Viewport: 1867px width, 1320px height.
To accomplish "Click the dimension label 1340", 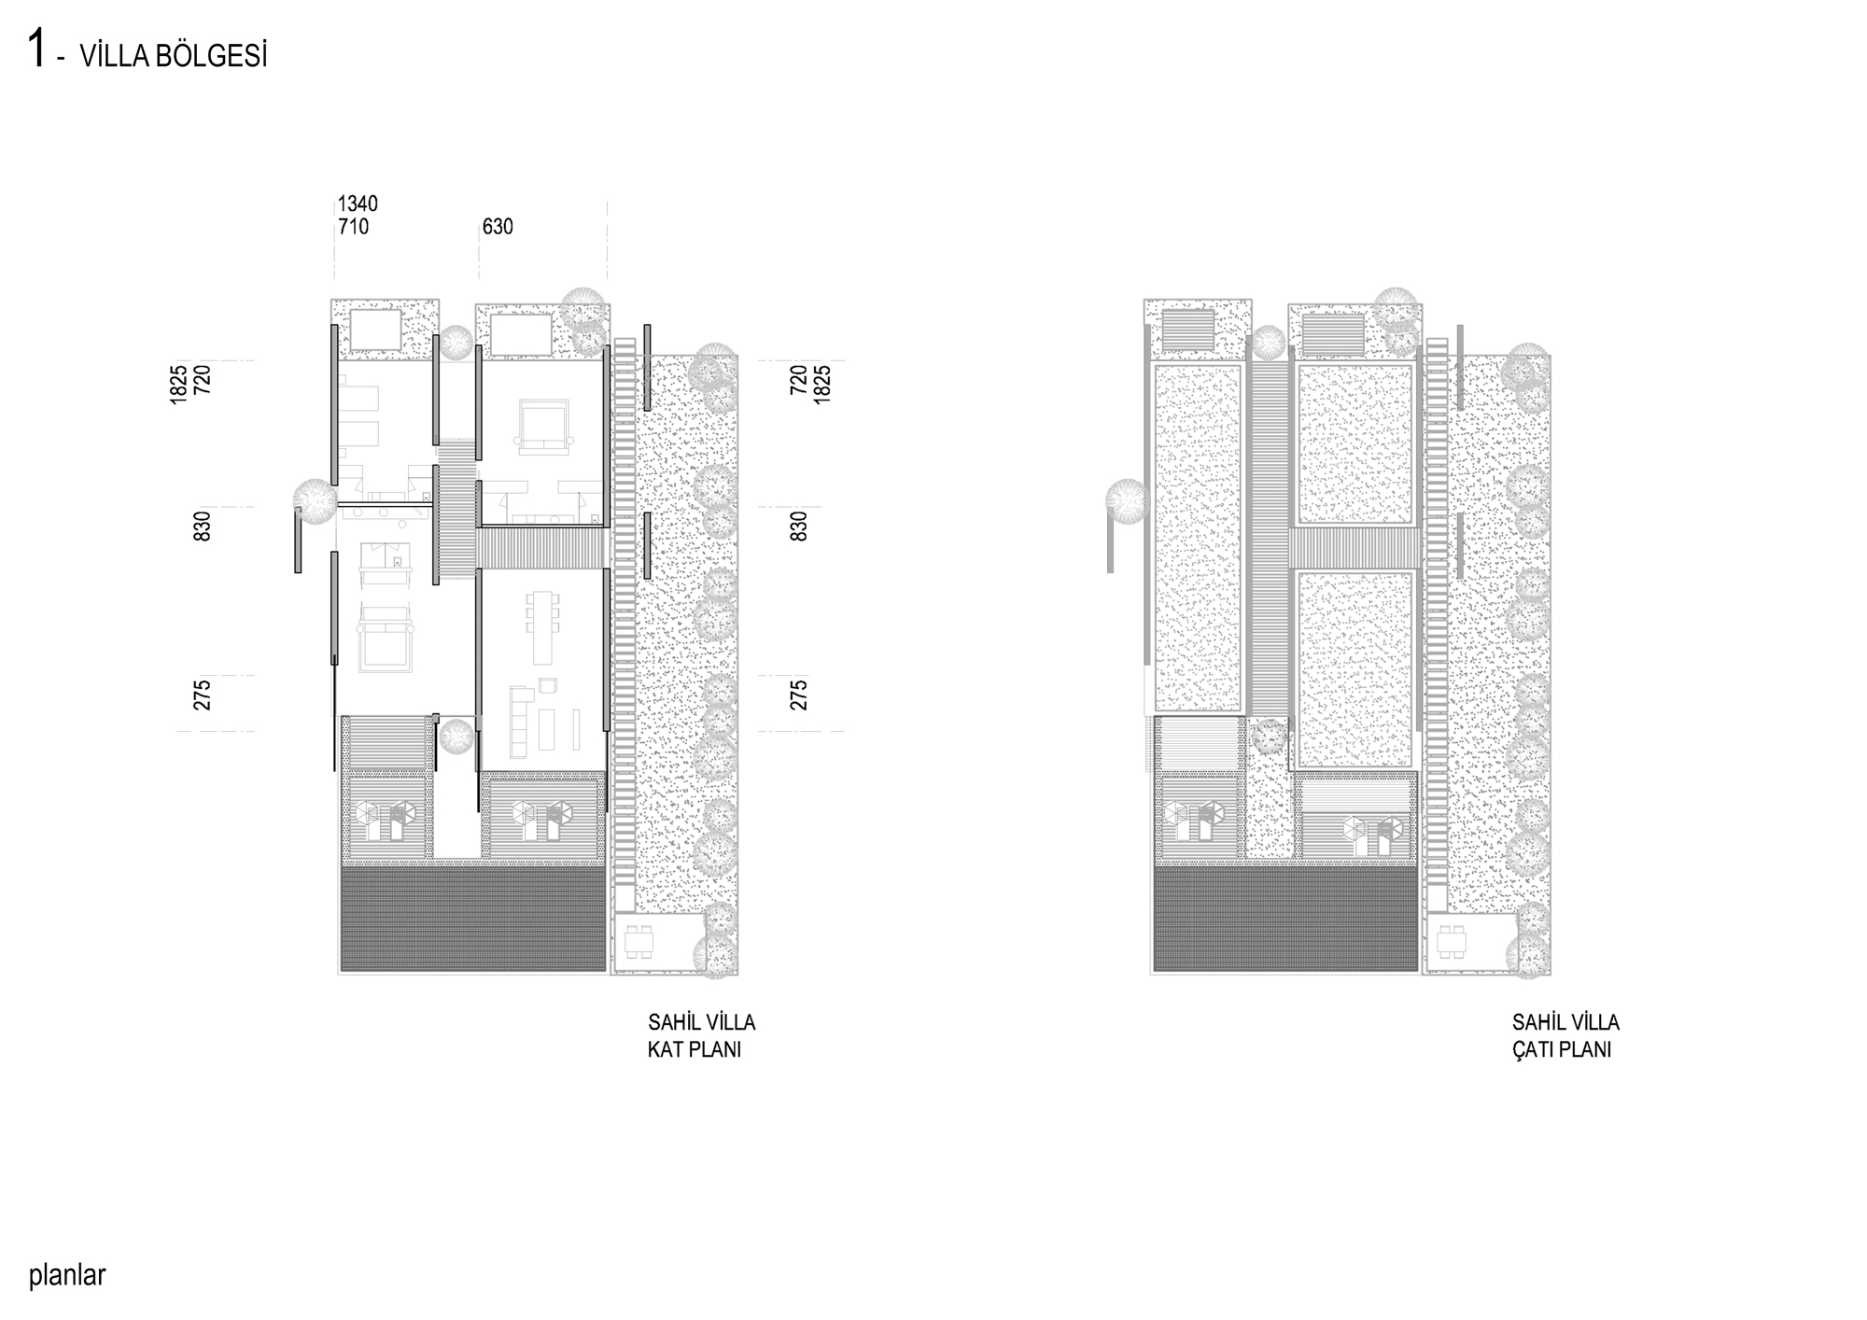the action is pos(358,204).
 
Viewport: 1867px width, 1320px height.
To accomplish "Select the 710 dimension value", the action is pos(353,227).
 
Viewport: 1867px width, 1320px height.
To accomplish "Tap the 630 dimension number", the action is pos(498,227).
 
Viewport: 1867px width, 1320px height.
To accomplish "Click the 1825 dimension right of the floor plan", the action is pos(822,384).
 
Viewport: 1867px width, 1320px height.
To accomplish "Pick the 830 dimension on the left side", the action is pos(203,526).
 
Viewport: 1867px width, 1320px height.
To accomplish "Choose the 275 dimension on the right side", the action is pos(799,695).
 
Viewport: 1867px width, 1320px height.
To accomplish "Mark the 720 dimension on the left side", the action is pos(203,379).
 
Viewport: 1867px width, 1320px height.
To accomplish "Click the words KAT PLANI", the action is pos(695,1049).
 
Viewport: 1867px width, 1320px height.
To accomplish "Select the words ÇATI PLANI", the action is pos(1562,1048).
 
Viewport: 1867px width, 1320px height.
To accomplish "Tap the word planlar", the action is pos(67,1275).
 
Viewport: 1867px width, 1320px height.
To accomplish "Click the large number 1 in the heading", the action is pos(37,49).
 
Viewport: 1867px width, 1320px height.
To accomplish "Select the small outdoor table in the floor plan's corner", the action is pos(640,942).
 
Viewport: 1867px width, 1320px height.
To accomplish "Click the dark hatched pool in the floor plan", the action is pos(473,919).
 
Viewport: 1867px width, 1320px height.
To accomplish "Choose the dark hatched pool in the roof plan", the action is pos(1285,919).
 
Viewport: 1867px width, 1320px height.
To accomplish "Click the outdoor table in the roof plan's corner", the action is pos(1453,942).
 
